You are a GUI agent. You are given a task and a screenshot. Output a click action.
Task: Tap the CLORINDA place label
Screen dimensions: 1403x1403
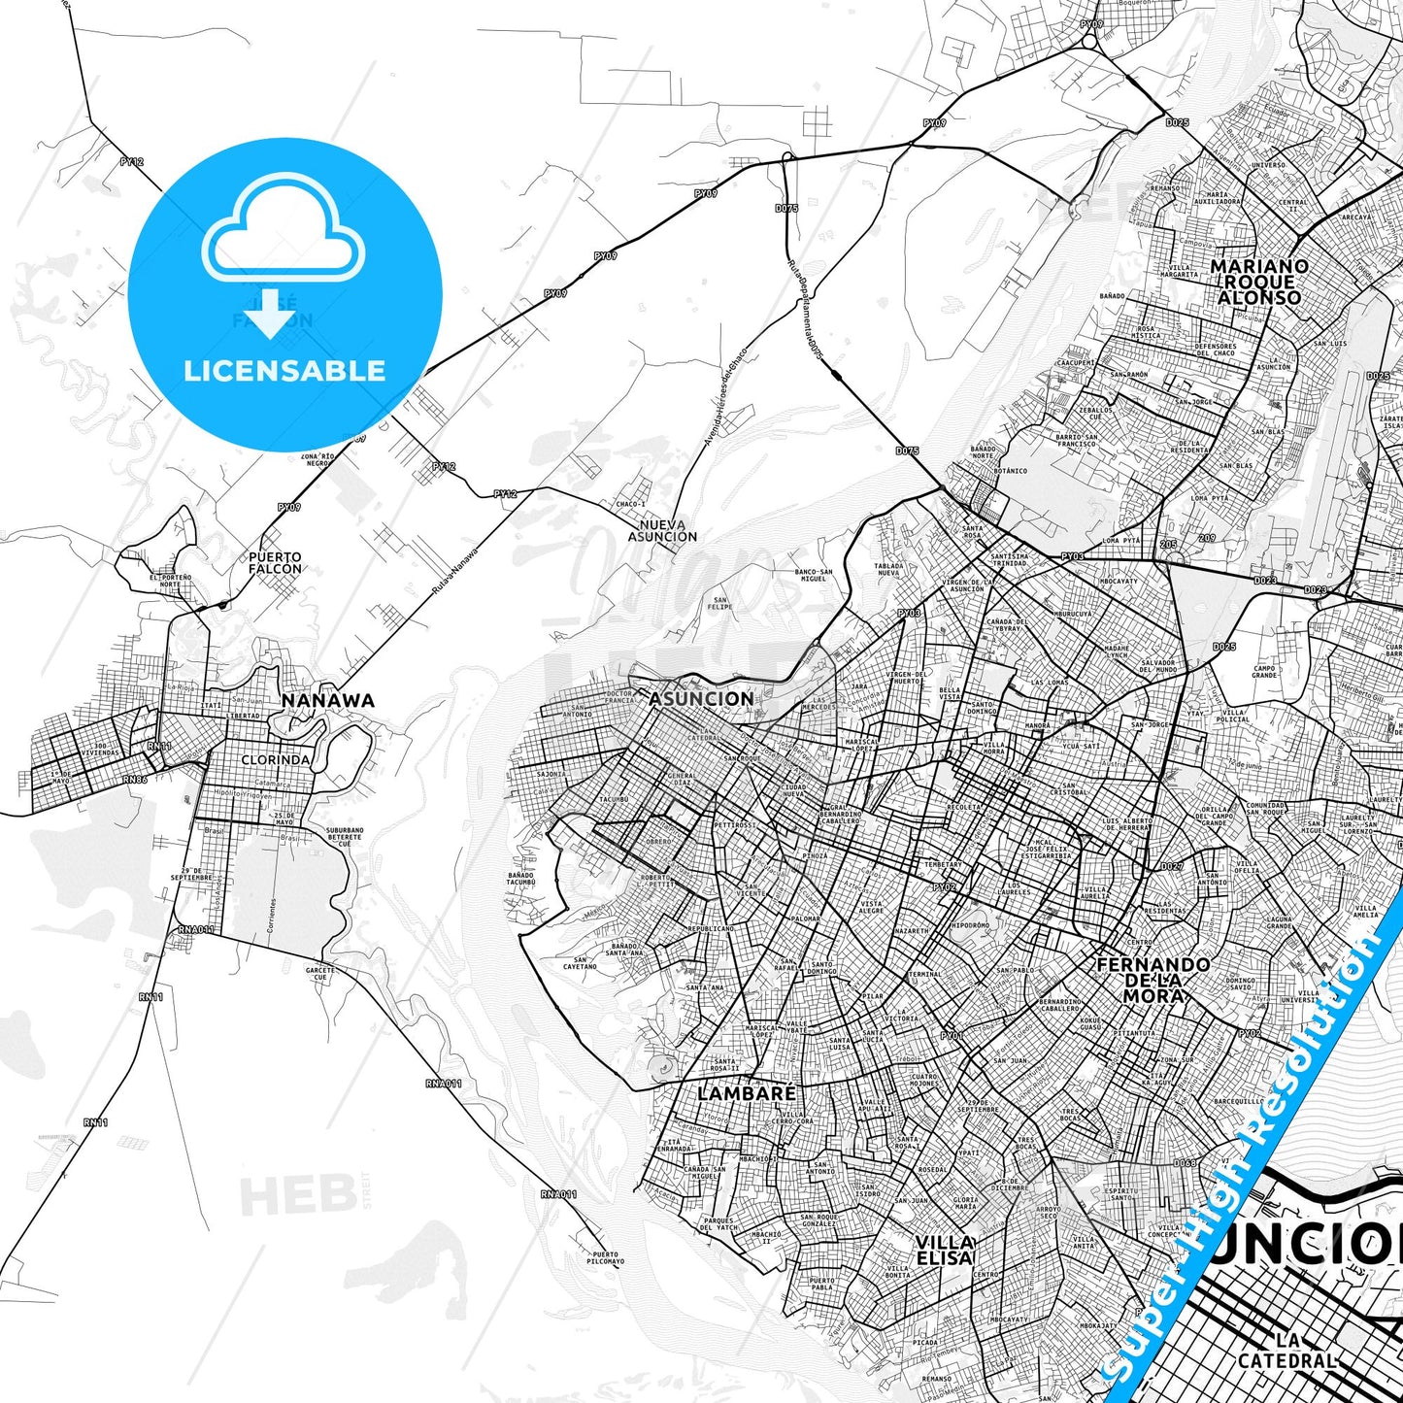coord(275,760)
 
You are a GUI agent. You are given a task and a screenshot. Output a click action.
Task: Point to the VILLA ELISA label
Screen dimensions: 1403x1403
coord(944,1250)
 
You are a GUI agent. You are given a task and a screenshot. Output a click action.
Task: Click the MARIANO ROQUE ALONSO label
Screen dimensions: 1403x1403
coord(1259,282)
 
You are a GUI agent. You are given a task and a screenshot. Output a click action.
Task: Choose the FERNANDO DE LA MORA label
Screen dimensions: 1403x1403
coord(1153,980)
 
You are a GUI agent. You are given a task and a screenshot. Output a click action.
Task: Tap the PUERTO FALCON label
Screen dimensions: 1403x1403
coord(275,563)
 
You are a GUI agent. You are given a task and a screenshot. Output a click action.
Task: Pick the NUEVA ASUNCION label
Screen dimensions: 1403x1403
coord(662,530)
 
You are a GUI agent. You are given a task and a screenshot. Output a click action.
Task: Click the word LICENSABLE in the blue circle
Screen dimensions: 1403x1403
coord(284,371)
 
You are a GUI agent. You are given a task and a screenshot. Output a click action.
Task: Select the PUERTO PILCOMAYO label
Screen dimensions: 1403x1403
coord(604,1258)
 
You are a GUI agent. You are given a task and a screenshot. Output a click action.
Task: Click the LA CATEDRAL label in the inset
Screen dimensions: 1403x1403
coord(1286,1352)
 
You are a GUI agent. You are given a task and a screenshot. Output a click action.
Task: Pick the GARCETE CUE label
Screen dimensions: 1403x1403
coord(320,973)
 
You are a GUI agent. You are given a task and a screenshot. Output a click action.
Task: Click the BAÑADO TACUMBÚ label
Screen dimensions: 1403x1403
coord(521,881)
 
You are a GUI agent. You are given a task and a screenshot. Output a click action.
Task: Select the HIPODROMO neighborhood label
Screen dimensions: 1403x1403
coord(970,925)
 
